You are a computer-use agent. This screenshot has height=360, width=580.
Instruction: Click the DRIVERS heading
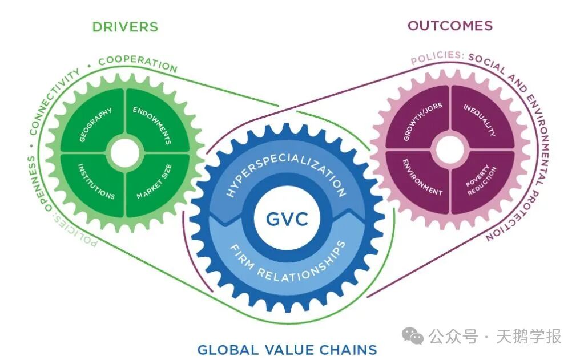[x=125, y=27]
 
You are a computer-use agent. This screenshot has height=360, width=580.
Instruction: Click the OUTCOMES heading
[x=450, y=26]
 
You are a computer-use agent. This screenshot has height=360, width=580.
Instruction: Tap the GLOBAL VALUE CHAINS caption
[x=287, y=349]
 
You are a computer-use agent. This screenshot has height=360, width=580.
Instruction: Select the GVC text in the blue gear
[x=287, y=219]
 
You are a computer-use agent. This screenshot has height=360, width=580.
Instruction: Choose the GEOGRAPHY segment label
[x=95, y=124]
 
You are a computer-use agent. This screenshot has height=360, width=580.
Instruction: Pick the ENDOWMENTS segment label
[x=152, y=125]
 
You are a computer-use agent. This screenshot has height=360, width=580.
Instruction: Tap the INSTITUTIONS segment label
[x=96, y=181]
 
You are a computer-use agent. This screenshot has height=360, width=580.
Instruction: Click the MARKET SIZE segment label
[x=154, y=181]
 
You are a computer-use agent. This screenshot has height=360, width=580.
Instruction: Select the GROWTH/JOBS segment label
[x=422, y=122]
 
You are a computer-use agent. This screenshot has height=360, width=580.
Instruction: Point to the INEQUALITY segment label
[x=480, y=120]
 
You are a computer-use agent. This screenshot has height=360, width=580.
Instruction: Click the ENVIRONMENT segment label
[x=422, y=177]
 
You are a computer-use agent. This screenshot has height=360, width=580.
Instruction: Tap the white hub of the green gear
[x=125, y=153]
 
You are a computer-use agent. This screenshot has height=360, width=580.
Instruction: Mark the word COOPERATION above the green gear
[x=138, y=63]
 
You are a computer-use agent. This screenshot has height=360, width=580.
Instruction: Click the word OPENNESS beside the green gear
[x=38, y=184]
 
